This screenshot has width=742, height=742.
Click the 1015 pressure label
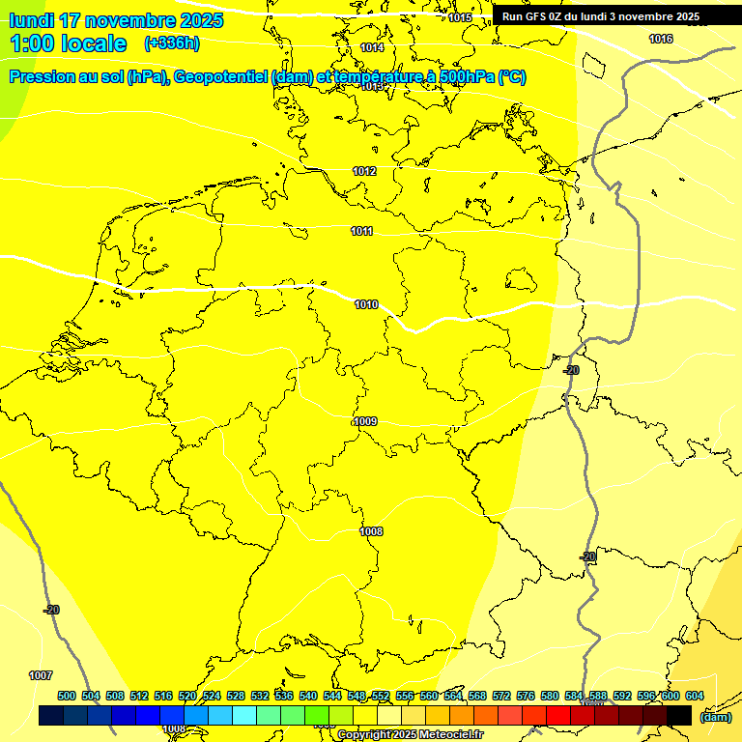pos(460,17)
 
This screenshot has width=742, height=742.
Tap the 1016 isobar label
pos(661,39)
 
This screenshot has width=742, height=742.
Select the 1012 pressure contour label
pos(364,171)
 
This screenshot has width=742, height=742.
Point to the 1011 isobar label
pos(362,231)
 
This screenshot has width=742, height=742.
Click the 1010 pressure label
pos(366,304)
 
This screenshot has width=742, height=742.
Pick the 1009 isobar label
pos(365,421)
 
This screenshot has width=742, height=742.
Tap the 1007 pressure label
pos(41,675)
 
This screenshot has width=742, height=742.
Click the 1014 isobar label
pos(372,47)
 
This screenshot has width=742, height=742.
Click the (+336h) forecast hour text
pos(171,43)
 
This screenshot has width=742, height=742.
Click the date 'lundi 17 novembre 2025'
pos(116,20)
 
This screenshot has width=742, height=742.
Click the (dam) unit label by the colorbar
pos(715,717)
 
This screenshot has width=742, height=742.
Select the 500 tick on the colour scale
pos(67,696)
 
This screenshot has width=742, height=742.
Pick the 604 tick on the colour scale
pos(695,696)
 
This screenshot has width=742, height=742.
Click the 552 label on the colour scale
pos(381,696)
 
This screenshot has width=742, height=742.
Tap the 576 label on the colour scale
pos(526,696)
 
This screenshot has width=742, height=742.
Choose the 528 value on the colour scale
pos(236,696)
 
